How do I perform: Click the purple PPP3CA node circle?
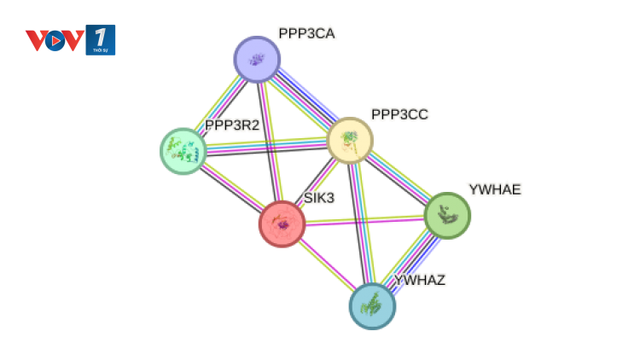coord(257,60)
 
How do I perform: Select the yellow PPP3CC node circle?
coord(350,141)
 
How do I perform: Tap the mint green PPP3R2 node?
coord(183,151)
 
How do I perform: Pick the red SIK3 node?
coord(282,224)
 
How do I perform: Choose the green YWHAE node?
coord(447,215)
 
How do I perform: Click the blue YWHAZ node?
coord(372,305)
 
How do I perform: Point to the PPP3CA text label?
coord(306,33)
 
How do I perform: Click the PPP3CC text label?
coord(399,114)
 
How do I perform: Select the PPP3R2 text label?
coord(232,125)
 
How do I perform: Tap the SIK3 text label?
coord(319,198)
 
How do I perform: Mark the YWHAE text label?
coord(495,189)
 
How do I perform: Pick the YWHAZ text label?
coord(419,281)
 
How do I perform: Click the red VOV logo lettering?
coord(55,40)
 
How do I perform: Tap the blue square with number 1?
coord(101,40)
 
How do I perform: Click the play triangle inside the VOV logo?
coord(56,41)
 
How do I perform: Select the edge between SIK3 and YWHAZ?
coord(327,264)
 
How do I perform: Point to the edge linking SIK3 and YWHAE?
coord(364,220)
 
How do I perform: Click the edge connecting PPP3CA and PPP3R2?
coord(220,105)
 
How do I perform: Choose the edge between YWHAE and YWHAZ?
coord(410,262)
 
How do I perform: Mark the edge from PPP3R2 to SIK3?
coord(232,187)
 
